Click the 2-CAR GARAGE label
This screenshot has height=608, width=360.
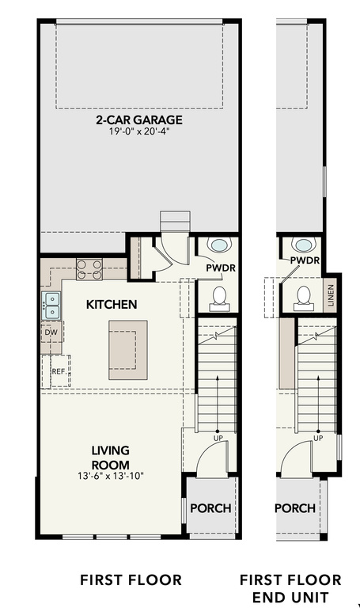[x=139, y=120]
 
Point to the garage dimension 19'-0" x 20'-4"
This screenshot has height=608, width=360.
[x=139, y=132]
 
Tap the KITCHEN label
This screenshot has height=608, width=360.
[x=112, y=304]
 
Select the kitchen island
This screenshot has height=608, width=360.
[x=128, y=345]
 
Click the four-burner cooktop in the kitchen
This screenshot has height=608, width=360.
[x=89, y=269]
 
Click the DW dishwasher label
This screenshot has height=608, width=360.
[x=51, y=332]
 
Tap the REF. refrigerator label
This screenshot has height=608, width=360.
[x=59, y=370]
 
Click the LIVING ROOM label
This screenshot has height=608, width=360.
[x=110, y=458]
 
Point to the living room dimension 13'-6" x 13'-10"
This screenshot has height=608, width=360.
[x=110, y=477]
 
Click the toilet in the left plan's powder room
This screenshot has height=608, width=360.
[x=220, y=297]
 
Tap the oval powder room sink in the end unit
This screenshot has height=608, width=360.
[x=303, y=245]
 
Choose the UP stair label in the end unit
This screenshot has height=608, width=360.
[x=318, y=438]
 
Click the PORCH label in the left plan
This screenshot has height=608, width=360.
[x=210, y=508]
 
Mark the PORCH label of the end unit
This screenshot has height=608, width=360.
[x=295, y=508]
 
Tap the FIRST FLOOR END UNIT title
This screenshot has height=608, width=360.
[x=290, y=588]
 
